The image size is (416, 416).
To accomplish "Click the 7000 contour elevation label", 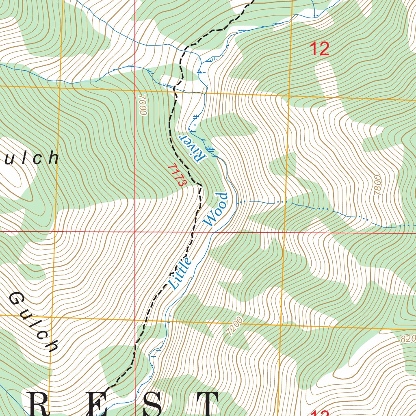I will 142,106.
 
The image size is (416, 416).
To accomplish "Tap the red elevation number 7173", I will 177,175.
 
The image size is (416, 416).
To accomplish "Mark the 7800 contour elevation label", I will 378,186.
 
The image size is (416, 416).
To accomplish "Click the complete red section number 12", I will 319,49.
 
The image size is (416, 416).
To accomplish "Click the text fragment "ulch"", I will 31,158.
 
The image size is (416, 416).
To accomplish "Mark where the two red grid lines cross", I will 135,232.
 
